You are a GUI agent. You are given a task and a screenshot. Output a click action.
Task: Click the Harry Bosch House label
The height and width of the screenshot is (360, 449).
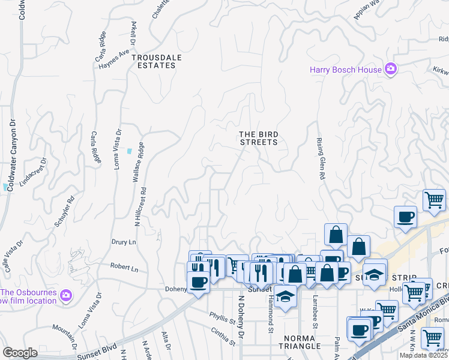[346, 70]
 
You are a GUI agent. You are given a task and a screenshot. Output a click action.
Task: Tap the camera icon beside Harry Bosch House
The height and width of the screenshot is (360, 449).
[391, 70]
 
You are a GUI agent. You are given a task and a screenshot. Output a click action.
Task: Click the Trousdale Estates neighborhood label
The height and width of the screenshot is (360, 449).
[154, 61]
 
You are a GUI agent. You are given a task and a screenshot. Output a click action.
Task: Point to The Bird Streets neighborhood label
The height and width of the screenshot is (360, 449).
[259, 138]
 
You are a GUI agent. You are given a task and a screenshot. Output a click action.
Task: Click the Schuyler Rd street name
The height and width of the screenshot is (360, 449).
[64, 211]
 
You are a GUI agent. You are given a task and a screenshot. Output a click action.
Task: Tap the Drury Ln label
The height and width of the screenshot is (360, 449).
[125, 242]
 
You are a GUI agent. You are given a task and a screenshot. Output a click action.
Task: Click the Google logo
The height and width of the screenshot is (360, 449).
[20, 353]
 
